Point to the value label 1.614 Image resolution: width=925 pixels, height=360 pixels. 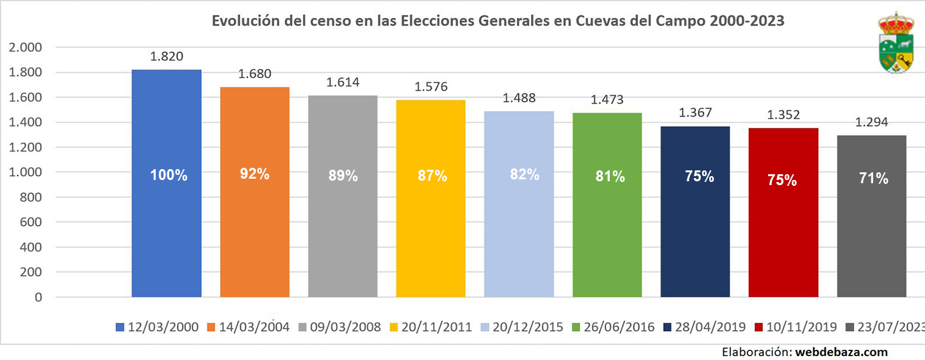pyautogui.click(x=343, y=83)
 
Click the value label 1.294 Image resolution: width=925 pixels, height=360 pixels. pyautogui.click(x=871, y=122)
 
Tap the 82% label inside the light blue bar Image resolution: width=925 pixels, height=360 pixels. pyautogui.click(x=519, y=174)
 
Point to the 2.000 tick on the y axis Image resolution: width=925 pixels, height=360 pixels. pyautogui.click(x=26, y=47)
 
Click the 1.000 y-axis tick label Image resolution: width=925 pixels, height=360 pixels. pyautogui.click(x=26, y=172)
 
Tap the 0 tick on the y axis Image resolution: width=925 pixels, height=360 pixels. pyautogui.click(x=38, y=297)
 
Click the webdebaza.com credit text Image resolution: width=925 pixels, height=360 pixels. pyautogui.click(x=841, y=352)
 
